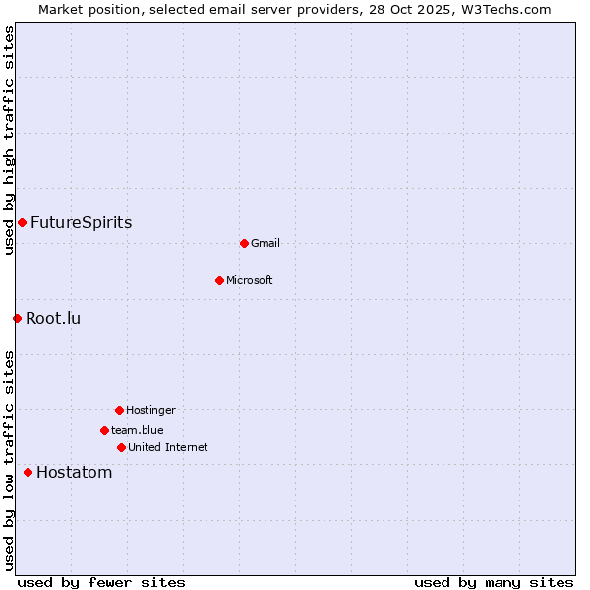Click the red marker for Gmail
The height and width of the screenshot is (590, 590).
(244, 243)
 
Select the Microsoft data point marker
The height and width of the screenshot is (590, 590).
(219, 280)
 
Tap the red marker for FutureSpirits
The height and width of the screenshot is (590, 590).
(22, 222)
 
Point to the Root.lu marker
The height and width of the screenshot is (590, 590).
(17, 318)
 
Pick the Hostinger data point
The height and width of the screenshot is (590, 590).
(119, 410)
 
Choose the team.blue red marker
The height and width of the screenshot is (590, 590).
(104, 430)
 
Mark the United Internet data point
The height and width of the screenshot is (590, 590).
(121, 447)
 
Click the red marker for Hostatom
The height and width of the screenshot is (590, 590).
(28, 472)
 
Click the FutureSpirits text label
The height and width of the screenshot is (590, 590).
(81, 222)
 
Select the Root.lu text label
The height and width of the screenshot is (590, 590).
(53, 318)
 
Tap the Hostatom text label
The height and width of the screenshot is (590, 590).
(74, 472)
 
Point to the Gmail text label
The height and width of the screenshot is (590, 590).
(265, 243)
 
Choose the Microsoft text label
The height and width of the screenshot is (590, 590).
(250, 280)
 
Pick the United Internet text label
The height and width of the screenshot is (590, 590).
(168, 447)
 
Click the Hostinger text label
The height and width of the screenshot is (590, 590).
(150, 410)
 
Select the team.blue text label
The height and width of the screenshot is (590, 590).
(138, 430)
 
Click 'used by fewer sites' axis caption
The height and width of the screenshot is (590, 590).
(101, 582)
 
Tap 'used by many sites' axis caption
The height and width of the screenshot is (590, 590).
(494, 582)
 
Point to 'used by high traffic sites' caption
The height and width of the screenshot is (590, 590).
(10, 140)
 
